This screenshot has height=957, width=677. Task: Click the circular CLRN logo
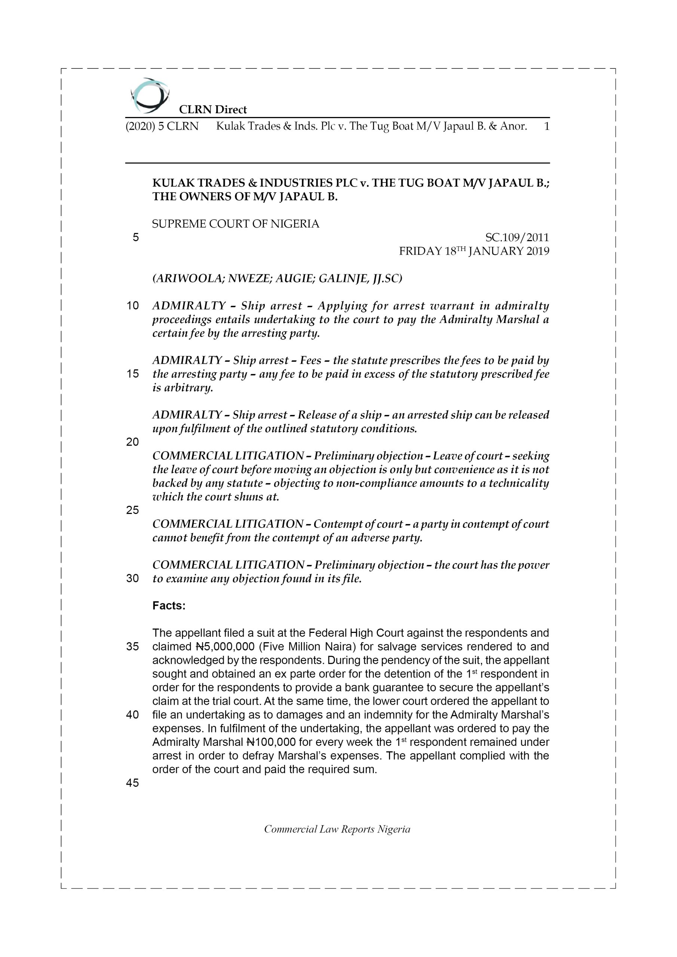pyautogui.click(x=149, y=95)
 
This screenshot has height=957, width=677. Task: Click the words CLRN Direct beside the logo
pyautogui.click(x=213, y=110)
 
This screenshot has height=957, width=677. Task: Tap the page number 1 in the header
pyautogui.click(x=546, y=126)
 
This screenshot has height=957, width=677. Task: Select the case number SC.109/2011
pyautogui.click(x=517, y=238)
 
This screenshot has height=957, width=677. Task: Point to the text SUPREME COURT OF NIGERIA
pyautogui.click(x=236, y=224)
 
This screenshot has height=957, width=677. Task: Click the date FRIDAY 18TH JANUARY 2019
pyautogui.click(x=474, y=251)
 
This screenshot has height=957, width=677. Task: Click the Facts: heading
pyautogui.click(x=169, y=606)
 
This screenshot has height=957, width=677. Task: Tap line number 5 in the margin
pyautogui.click(x=135, y=238)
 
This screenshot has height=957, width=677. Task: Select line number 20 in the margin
pyautogui.click(x=132, y=442)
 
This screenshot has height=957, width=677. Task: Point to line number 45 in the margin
pyautogui.click(x=132, y=783)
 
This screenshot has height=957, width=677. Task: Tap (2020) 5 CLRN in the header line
pyautogui.click(x=162, y=126)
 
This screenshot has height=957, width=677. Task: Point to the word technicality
pyautogui.click(x=518, y=483)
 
